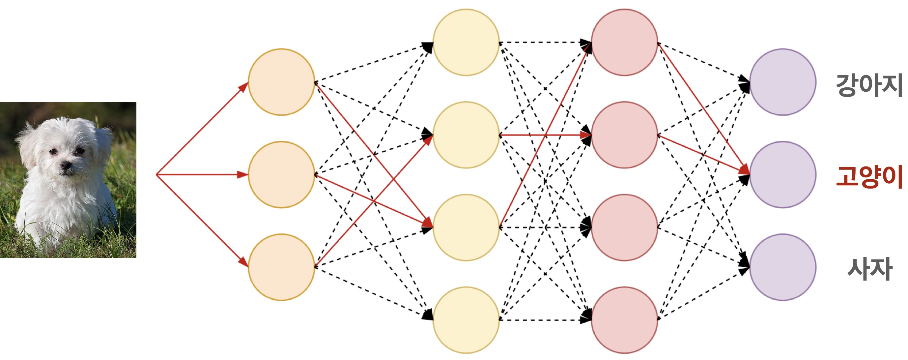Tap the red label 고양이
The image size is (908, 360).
click(869, 176)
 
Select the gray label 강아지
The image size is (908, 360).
click(869, 85)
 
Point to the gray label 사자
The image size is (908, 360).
click(869, 269)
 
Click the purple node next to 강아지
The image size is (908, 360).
click(782, 82)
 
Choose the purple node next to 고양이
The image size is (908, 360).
click(782, 174)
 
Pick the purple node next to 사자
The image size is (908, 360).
click(782, 267)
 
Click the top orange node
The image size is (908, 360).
click(281, 82)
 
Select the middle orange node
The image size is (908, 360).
click(281, 174)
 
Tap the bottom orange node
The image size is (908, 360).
click(281, 267)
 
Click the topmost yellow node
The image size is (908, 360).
click(466, 42)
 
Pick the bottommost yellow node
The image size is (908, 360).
click(466, 320)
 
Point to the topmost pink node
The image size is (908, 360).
click(624, 42)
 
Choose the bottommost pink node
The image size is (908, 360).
click(624, 320)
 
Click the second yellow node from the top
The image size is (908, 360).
click(466, 135)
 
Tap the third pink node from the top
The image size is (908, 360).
click(624, 227)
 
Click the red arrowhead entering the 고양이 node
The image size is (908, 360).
click(745, 170)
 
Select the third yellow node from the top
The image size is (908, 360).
click(466, 227)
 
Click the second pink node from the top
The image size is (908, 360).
click(624, 135)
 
